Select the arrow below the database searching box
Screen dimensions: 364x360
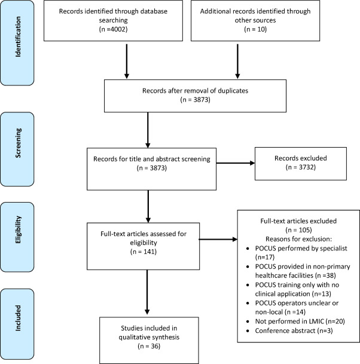[126, 63]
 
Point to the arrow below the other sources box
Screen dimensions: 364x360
[238, 63]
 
